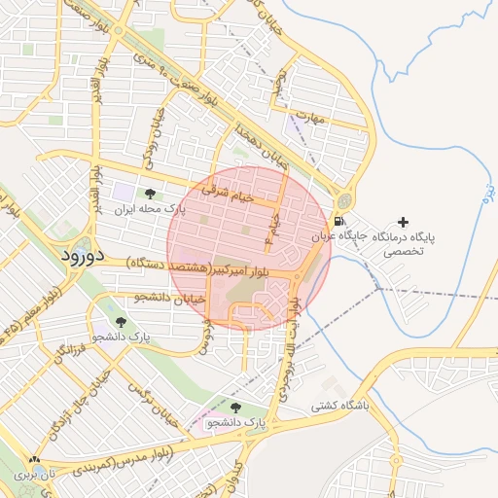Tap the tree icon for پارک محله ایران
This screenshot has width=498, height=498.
point(149,195)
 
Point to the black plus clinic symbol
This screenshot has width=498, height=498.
point(404,223)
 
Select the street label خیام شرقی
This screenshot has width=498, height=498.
point(228,196)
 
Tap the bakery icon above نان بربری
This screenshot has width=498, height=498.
point(35,460)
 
